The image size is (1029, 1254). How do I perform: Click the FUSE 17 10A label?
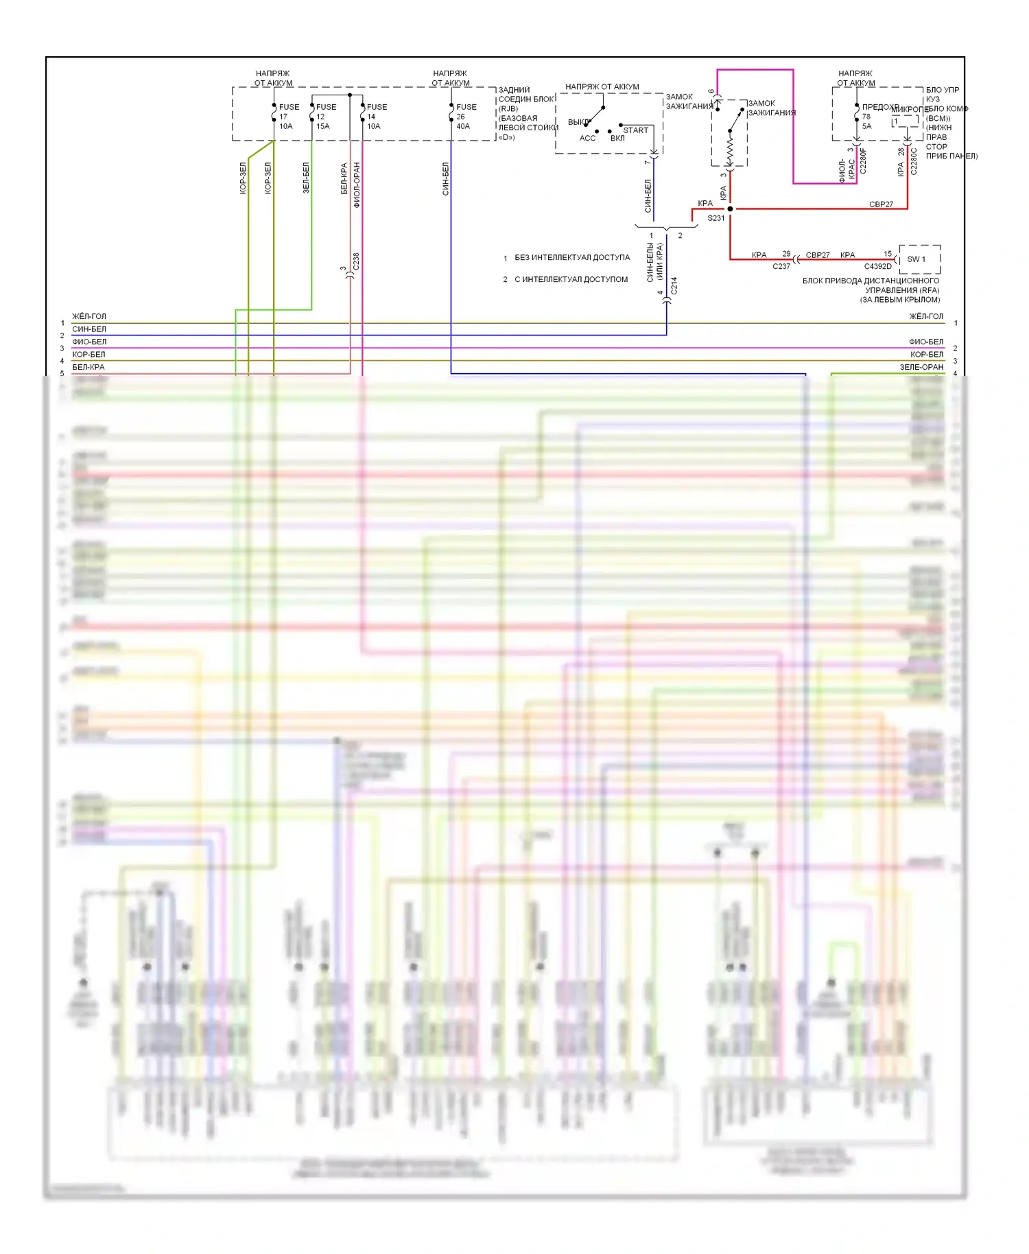tap(288, 117)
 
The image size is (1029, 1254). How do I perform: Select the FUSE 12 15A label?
tap(325, 117)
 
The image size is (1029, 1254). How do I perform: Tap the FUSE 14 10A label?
tap(376, 117)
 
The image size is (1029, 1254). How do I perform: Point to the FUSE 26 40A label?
tap(465, 117)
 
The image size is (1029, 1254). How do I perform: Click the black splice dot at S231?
tap(730, 209)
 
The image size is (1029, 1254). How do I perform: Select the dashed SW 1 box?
tap(919, 259)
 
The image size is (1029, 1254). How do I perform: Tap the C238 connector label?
tap(356, 261)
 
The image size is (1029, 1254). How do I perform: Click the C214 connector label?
tap(674, 285)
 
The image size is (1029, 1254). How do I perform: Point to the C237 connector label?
tap(781, 267)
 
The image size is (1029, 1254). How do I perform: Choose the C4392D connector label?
tap(877, 267)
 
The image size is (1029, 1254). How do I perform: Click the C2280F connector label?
tap(863, 161)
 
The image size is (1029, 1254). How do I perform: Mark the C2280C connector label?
tap(914, 161)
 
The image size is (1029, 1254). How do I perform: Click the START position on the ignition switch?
tap(635, 130)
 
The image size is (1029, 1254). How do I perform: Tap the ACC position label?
tap(587, 139)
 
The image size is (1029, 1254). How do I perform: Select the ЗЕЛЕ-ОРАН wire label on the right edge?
tap(921, 368)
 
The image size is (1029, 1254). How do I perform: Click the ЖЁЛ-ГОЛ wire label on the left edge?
tap(89, 317)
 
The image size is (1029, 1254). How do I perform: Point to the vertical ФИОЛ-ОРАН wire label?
tap(357, 185)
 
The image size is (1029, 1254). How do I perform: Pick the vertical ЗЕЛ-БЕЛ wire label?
tap(306, 178)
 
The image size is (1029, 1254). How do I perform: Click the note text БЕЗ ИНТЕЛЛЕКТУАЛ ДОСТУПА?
tap(571, 258)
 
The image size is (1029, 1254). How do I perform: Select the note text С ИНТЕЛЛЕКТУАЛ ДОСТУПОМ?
tap(571, 280)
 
